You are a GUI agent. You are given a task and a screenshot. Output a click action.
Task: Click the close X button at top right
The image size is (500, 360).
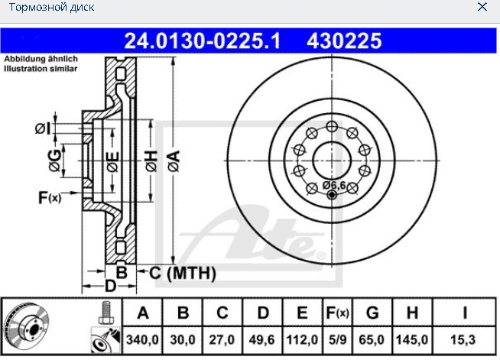[x=482, y=6]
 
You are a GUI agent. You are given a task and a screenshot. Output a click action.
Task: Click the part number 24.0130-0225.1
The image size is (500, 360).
[x=203, y=41]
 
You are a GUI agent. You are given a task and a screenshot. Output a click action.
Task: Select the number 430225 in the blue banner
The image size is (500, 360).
[x=344, y=41]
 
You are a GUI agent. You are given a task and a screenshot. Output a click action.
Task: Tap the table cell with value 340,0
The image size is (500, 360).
[x=142, y=340]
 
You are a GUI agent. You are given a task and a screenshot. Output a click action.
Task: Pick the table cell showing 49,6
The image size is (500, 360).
[x=262, y=340]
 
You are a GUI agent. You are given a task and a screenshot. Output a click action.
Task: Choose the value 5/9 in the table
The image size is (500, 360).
[x=337, y=340]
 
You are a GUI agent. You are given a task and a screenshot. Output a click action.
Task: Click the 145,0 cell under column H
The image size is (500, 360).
[x=412, y=340]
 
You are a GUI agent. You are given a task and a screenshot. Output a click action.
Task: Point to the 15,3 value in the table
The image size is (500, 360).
[x=463, y=340]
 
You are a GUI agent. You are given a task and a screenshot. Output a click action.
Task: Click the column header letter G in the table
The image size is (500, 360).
[x=372, y=313]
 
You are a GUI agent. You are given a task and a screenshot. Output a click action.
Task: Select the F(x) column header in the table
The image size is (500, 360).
[x=337, y=313]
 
